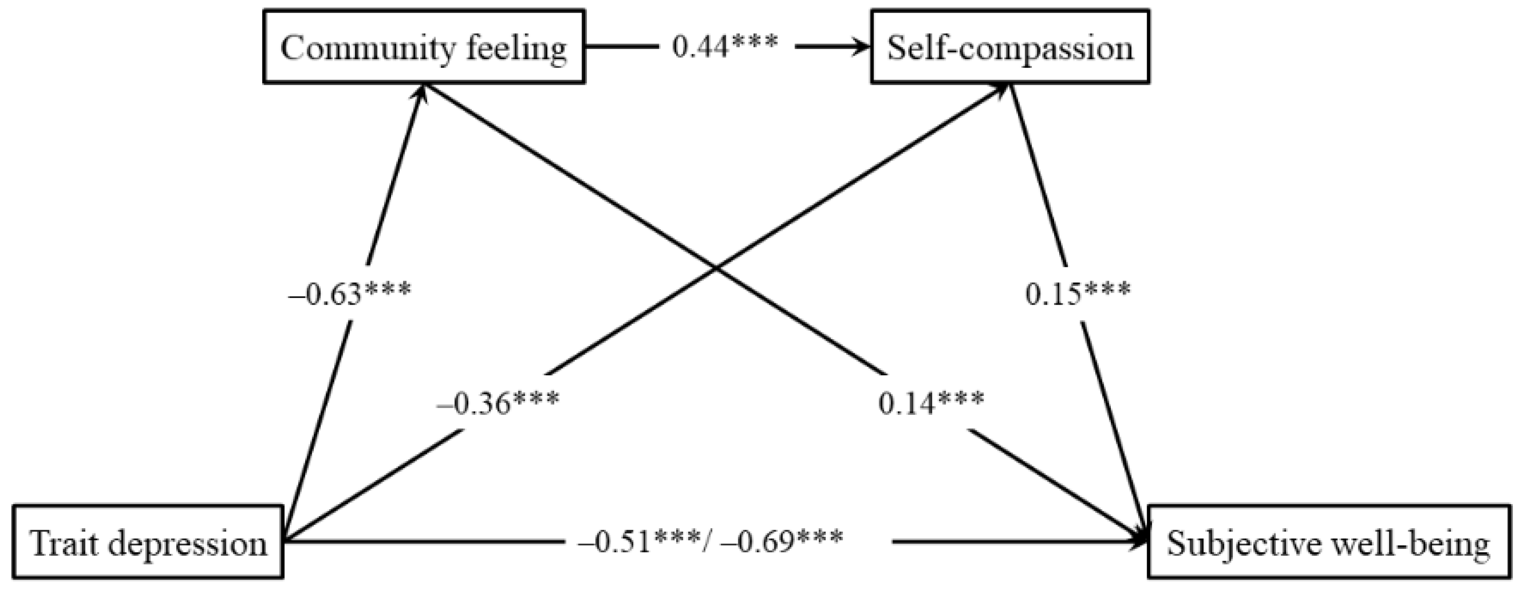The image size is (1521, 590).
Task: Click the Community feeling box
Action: (424, 47)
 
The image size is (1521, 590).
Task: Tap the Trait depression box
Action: (148, 542)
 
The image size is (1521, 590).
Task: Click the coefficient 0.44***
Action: (725, 47)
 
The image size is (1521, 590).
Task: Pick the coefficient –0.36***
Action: (498, 403)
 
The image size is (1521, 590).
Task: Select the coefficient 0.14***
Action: (931, 403)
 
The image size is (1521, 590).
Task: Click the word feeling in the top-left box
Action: (517, 48)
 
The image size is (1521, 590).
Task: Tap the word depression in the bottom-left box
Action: (188, 543)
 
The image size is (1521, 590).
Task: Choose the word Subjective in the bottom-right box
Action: (1237, 543)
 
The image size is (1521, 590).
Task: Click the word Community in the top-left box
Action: (367, 48)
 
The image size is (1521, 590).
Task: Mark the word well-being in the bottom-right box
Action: (1405, 543)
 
